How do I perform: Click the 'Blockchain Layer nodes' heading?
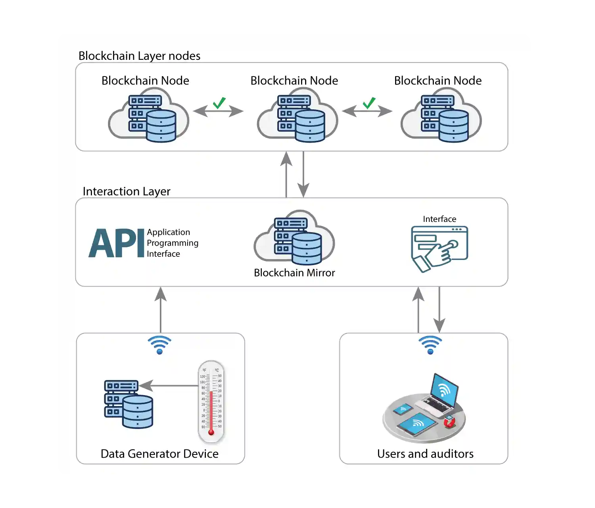click(139, 56)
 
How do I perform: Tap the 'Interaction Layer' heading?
click(126, 191)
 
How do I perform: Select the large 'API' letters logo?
click(116, 243)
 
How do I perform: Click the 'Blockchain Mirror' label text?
click(294, 273)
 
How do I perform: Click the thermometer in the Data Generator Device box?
click(211, 401)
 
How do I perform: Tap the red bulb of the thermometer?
click(211, 432)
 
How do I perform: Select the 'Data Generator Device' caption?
click(159, 454)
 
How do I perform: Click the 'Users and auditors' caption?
click(425, 454)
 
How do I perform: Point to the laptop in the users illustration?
click(439, 396)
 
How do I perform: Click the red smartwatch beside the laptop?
click(449, 422)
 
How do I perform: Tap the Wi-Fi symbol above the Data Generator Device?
click(159, 345)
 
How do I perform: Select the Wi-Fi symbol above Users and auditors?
click(430, 345)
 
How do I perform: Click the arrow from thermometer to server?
click(169, 386)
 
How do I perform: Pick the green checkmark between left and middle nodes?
click(219, 103)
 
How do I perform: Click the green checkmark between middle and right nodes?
click(369, 103)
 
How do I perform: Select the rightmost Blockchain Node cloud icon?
click(441, 115)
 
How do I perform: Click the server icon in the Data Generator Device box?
click(128, 404)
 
